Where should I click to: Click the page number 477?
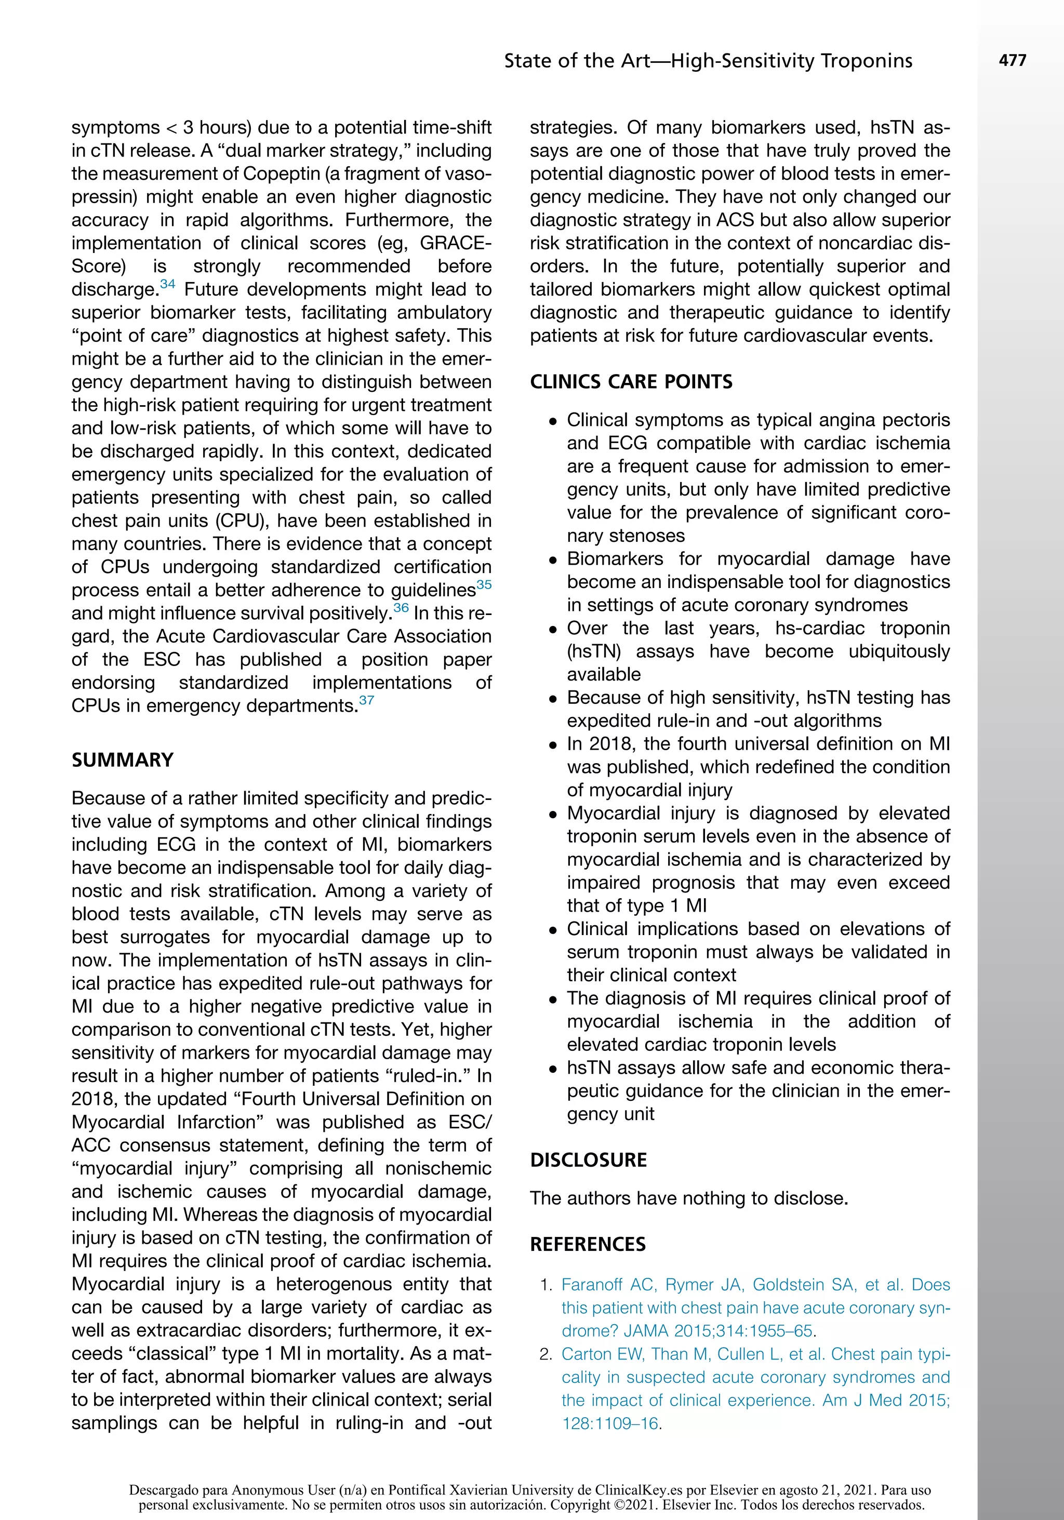1013,61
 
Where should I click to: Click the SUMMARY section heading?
123,759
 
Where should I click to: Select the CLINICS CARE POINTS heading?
631,382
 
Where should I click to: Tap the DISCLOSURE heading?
588,1160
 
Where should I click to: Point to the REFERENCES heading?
587,1244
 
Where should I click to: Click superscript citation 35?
484,584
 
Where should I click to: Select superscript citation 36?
401,608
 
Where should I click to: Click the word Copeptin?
280,174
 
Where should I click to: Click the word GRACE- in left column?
456,243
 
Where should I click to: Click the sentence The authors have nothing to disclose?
688,1198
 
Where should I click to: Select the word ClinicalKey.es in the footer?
637,1490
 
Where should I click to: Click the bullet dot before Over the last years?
553,629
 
